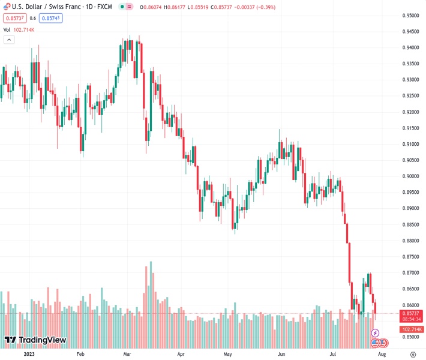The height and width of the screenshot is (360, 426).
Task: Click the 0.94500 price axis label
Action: [x=410, y=32]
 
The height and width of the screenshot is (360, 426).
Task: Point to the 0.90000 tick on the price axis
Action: [x=410, y=176]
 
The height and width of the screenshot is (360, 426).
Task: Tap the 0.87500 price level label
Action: [x=410, y=257]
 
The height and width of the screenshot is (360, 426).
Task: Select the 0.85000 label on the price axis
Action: [x=410, y=337]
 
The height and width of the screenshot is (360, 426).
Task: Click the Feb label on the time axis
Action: [x=81, y=354]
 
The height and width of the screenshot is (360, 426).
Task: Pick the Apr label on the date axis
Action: [x=181, y=354]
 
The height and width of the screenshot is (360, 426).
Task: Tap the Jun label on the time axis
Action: [x=281, y=354]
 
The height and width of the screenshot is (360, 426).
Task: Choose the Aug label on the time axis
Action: [x=382, y=354]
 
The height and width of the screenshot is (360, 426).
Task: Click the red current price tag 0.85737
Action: [x=412, y=313]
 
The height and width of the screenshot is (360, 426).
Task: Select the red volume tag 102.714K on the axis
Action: [x=412, y=329]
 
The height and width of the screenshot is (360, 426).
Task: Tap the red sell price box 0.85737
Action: [x=13, y=18]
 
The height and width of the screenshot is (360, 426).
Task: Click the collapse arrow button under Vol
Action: [x=9, y=40]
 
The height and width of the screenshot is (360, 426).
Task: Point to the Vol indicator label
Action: [x=7, y=29]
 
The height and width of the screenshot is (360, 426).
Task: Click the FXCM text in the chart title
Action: [x=106, y=7]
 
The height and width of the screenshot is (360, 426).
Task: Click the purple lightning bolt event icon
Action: [x=376, y=332]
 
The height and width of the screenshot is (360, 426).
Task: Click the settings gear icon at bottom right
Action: [x=412, y=354]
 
